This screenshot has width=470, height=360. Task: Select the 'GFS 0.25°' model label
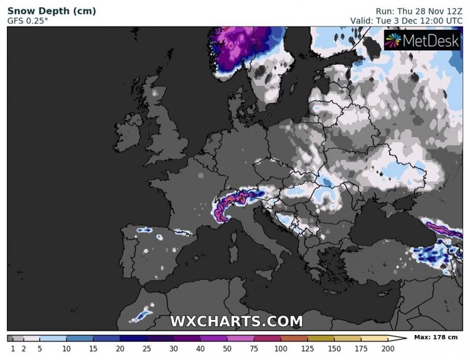click(27, 21)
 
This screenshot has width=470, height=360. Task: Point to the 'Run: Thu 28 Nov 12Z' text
click(418, 11)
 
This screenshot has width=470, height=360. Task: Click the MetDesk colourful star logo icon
click(393, 42)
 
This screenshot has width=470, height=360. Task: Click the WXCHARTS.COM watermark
click(236, 322)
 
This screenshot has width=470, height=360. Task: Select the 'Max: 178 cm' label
click(437, 337)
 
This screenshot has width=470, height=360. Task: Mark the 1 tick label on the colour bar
click(13, 348)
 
